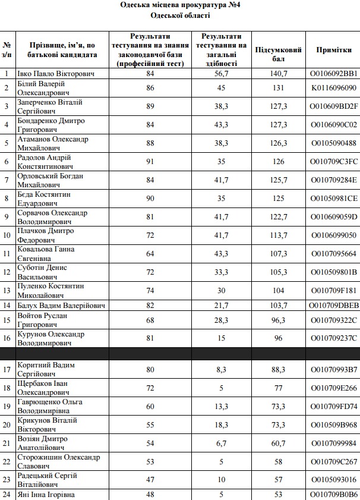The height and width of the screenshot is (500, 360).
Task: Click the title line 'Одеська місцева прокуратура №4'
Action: (x=180, y=5)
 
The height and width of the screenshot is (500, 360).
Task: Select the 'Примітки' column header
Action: (x=334, y=51)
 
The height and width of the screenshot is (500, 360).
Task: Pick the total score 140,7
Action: (x=278, y=74)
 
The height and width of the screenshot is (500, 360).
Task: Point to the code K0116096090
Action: (x=334, y=87)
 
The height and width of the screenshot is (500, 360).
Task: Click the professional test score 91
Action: (x=150, y=162)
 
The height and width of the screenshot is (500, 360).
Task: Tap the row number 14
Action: (x=7, y=306)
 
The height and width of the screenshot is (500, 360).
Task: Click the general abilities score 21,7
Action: (x=222, y=306)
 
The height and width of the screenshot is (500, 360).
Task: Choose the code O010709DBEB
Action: (x=334, y=306)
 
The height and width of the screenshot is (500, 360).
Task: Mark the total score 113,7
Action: (x=278, y=235)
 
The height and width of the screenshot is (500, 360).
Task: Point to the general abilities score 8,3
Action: (x=222, y=370)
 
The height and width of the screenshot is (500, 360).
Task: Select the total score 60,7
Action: (x=278, y=444)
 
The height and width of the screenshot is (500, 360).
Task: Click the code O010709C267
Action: (x=334, y=462)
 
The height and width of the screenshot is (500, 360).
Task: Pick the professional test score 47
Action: (x=150, y=480)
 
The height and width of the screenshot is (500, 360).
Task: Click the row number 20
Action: (x=7, y=425)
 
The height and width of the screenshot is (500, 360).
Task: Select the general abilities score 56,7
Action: (x=222, y=74)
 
